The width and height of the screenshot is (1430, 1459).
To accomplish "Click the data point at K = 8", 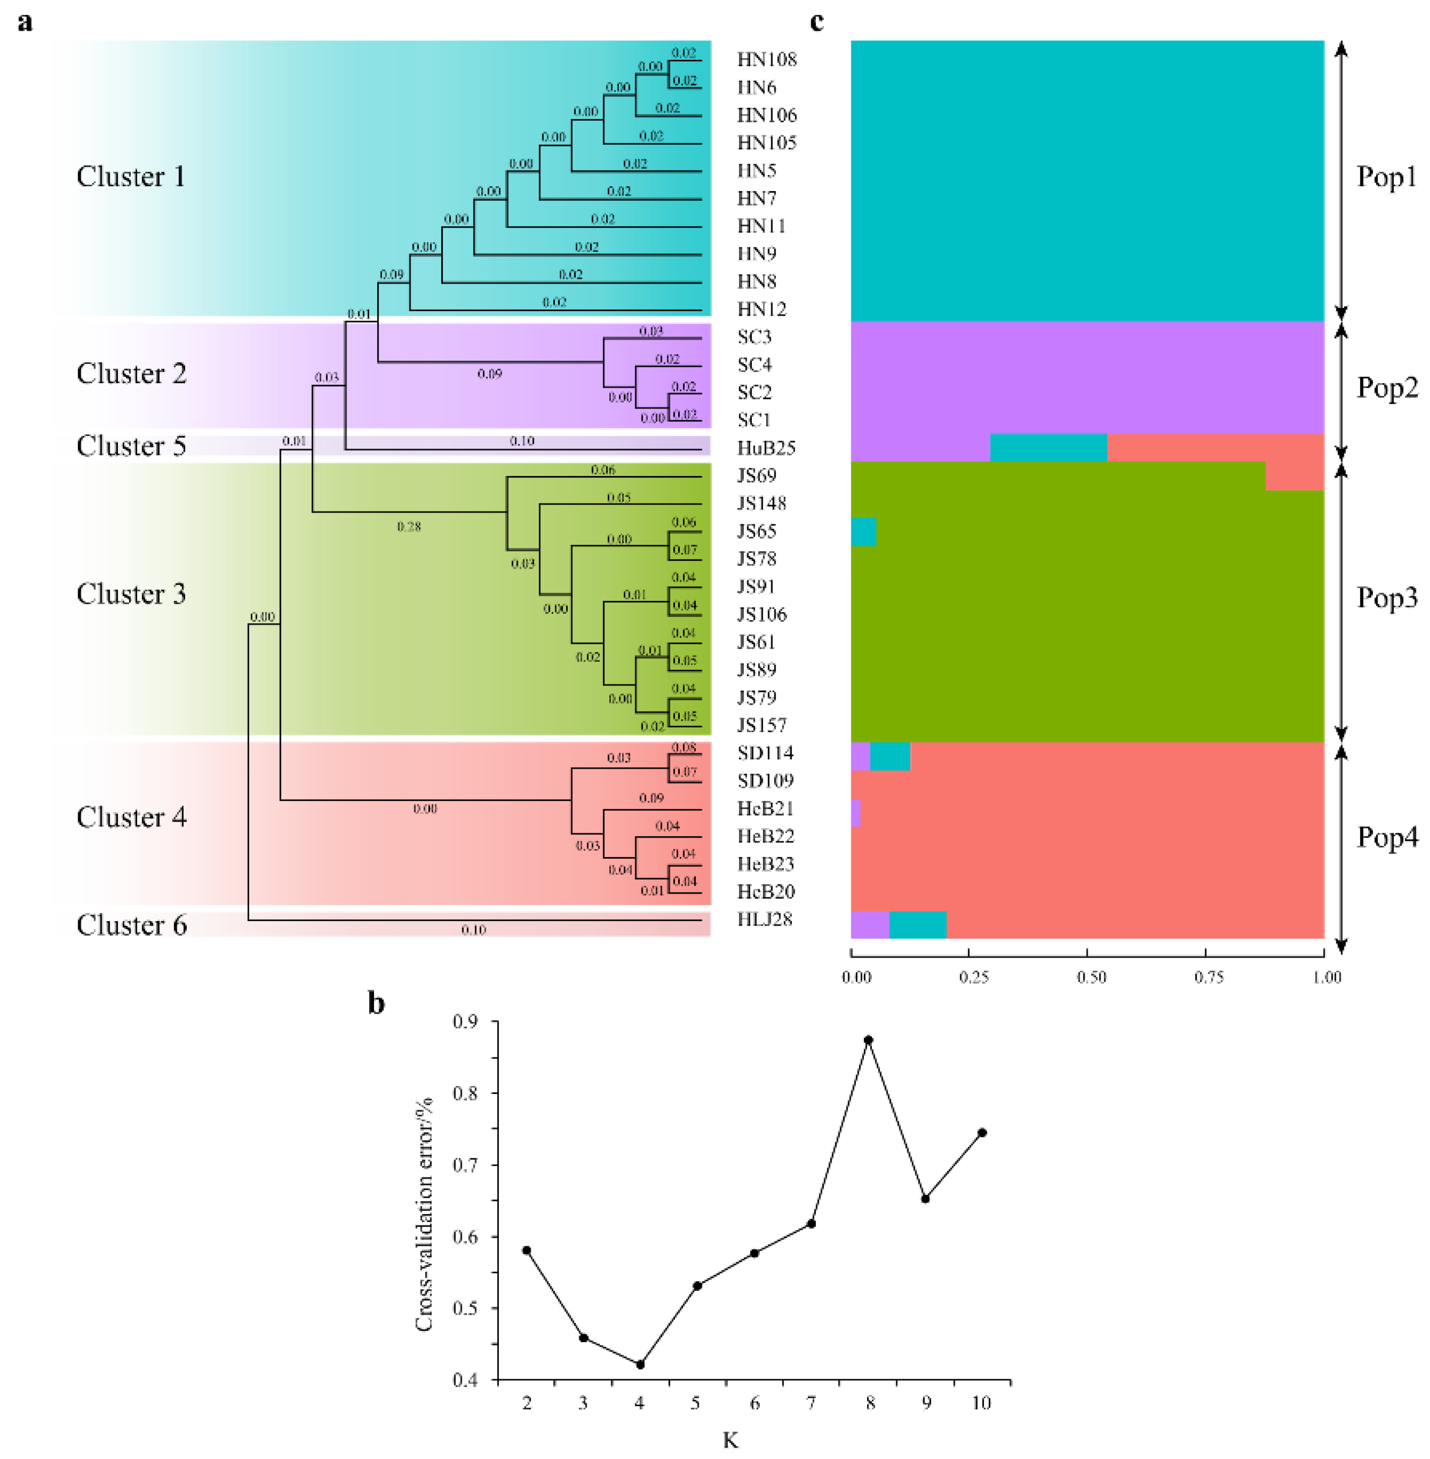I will [868, 1040].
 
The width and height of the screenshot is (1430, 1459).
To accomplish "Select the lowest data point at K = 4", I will [640, 1364].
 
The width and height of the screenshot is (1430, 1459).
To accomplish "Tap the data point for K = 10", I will [982, 1132].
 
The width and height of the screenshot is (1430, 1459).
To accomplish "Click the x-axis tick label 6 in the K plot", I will [754, 1402].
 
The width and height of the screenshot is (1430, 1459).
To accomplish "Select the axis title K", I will [730, 1440].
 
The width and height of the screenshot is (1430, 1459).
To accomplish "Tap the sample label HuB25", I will [766, 448].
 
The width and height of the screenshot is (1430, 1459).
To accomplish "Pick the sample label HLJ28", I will [765, 919].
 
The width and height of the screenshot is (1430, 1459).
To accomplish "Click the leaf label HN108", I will [766, 59].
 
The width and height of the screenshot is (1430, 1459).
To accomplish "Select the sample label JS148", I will [762, 503].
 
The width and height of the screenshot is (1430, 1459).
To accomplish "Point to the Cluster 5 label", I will [131, 446].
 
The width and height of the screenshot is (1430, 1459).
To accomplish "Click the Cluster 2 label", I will [131, 374].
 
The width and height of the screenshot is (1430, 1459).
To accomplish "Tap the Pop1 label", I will [1386, 177].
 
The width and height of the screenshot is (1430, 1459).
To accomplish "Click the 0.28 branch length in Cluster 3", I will [408, 527].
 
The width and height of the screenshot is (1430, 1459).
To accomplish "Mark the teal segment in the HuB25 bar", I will [1048, 448].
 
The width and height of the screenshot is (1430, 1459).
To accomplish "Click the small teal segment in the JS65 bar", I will [863, 532].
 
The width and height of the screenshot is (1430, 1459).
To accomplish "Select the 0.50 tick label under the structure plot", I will [1091, 977].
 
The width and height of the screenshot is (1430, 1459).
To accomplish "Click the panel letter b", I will [376, 1003].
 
